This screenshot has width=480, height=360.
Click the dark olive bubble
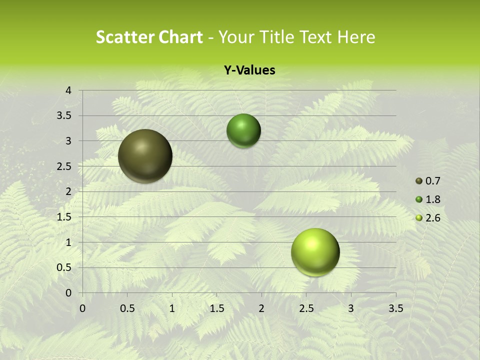(145, 156)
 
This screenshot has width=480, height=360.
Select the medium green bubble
(243, 131)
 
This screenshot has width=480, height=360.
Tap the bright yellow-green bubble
(315, 252)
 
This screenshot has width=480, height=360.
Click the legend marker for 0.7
(419, 181)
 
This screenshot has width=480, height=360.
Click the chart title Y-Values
(249, 70)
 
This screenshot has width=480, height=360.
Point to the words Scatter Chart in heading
(149, 37)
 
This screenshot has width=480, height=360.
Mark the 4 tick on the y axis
(68, 90)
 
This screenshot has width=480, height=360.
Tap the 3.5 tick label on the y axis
(64, 116)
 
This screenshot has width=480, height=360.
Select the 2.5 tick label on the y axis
(64, 166)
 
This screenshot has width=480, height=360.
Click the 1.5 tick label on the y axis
(64, 217)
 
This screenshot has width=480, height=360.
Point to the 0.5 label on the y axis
(64, 268)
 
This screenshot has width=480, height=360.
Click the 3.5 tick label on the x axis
(395, 308)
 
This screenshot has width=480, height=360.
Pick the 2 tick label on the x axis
(261, 308)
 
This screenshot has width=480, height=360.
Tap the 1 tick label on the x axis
(172, 308)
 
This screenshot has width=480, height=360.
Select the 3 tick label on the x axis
(351, 308)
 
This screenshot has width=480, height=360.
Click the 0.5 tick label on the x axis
(127, 308)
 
